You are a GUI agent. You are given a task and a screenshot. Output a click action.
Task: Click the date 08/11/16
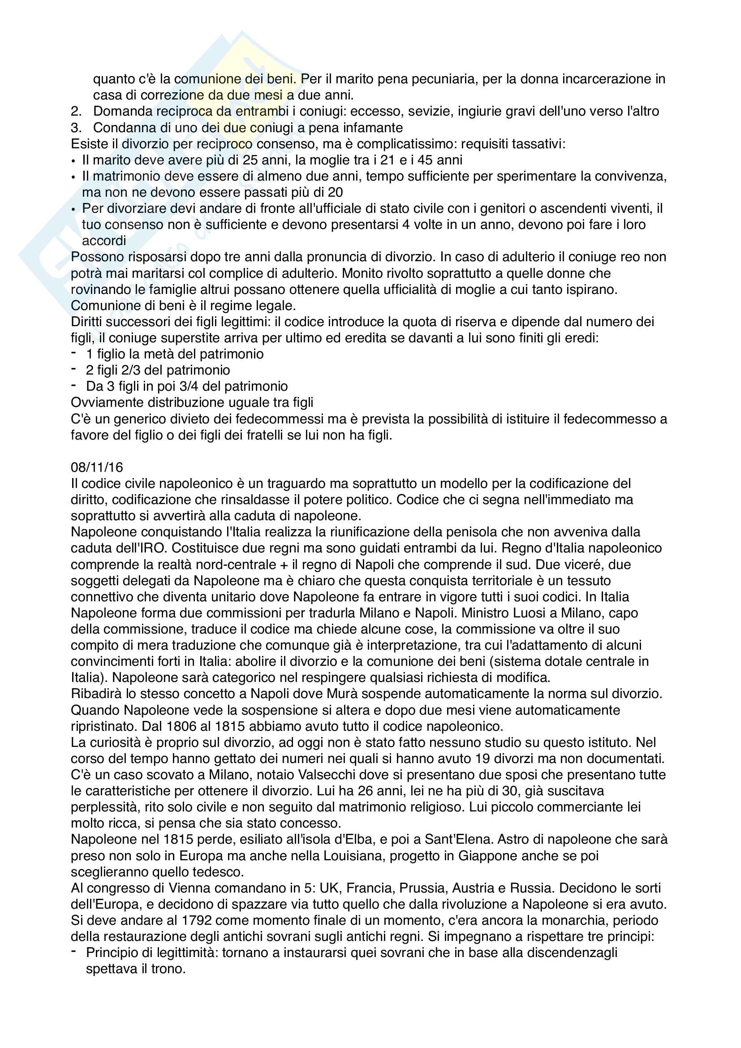click(x=97, y=467)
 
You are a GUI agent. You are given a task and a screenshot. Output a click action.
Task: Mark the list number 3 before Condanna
click(x=76, y=128)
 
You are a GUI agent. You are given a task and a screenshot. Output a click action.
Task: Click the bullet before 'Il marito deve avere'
click(x=73, y=161)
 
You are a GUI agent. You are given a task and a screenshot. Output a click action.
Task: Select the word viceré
click(x=584, y=565)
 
